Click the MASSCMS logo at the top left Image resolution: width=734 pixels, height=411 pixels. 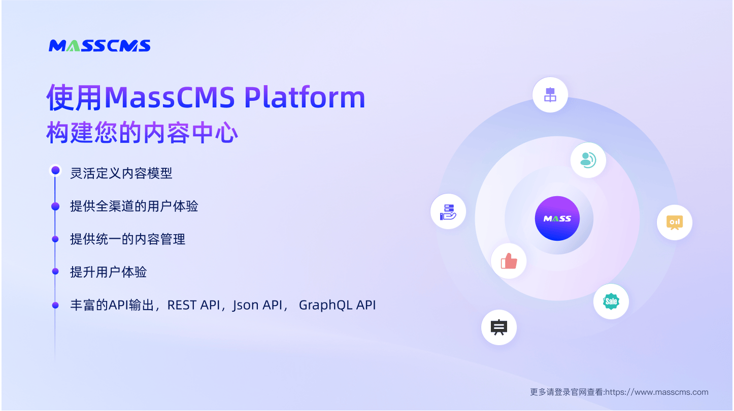(x=99, y=46)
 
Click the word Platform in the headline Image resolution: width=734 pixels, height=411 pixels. (x=305, y=97)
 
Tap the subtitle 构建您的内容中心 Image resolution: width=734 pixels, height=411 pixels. (x=142, y=133)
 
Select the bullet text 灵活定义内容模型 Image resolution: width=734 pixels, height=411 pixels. (x=121, y=173)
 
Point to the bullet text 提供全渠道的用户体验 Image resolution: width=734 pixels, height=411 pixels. (x=134, y=206)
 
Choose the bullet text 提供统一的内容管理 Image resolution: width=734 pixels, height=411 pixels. (x=128, y=239)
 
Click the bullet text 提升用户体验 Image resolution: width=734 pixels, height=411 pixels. (x=109, y=272)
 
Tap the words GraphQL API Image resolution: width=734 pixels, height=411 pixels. (x=337, y=305)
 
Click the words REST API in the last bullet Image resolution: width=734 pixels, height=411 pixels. (x=193, y=305)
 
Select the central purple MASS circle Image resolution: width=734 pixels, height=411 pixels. (x=557, y=218)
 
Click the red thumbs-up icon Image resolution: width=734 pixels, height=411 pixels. (x=509, y=261)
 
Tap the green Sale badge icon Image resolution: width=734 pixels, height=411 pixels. (x=611, y=302)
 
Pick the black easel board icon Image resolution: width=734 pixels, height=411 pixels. (x=499, y=327)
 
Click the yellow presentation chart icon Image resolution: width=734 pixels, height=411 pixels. (x=675, y=222)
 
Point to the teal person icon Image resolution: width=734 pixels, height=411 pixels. (x=588, y=160)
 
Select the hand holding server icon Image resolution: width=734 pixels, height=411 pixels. (x=448, y=212)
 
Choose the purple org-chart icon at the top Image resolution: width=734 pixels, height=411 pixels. (x=550, y=95)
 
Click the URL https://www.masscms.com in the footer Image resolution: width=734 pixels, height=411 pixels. (x=656, y=392)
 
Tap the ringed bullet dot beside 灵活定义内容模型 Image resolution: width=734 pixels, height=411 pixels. (x=55, y=170)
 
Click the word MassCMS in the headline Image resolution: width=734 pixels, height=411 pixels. (x=170, y=97)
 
